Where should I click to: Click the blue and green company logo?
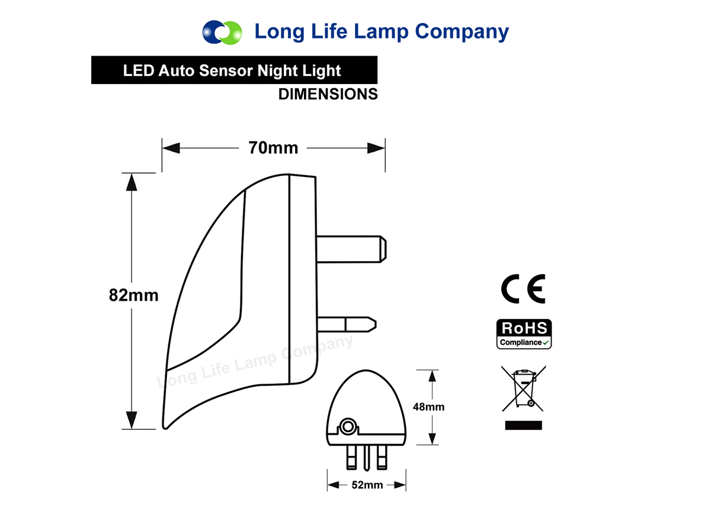pos(222,33)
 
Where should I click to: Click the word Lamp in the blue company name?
pos(381,32)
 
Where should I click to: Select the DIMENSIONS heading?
pos(328,94)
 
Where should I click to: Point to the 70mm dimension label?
pos(273,148)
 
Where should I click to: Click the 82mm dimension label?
pos(134,295)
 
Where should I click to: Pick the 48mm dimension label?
pos(428,407)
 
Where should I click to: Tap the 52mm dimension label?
pos(367,485)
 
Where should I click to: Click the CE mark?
pos(523,289)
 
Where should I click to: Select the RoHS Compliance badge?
pos(524,334)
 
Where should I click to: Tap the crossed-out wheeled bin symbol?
pos(524,388)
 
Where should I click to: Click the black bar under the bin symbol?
pos(523,426)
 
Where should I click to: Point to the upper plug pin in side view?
pos(351,249)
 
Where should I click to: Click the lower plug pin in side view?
pos(347,324)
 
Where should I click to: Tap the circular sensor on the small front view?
pos(348,426)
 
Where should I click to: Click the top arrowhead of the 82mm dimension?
pos(132,182)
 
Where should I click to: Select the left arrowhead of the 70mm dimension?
pos(171,148)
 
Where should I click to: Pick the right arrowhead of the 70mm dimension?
pos(376,148)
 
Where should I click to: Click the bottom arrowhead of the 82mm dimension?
pos(132,420)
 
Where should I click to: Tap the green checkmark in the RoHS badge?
pos(546,343)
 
